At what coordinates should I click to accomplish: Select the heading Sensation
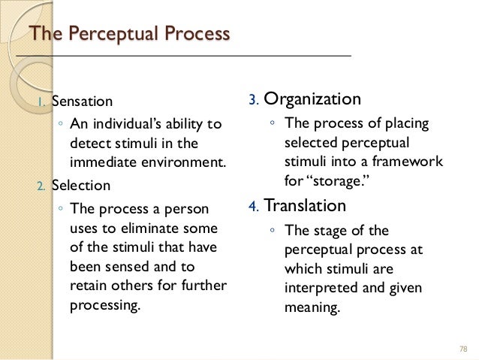pos(81,101)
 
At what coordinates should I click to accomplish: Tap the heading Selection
pos(80,185)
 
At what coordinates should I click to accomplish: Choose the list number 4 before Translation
pos(254,206)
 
